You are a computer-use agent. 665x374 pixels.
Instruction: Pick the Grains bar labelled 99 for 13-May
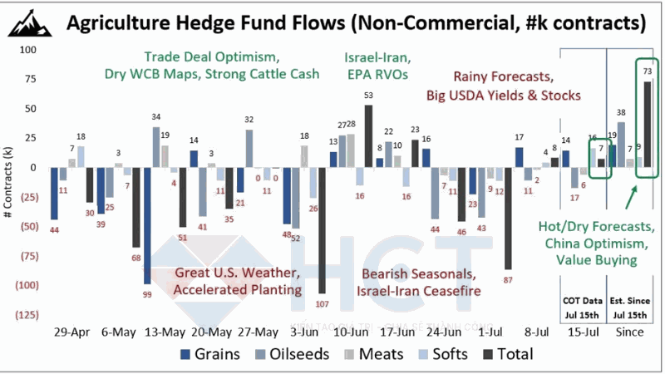(147, 225)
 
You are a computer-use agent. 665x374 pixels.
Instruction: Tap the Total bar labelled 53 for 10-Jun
(368, 136)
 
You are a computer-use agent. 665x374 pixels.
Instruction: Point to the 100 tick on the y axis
(29, 50)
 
